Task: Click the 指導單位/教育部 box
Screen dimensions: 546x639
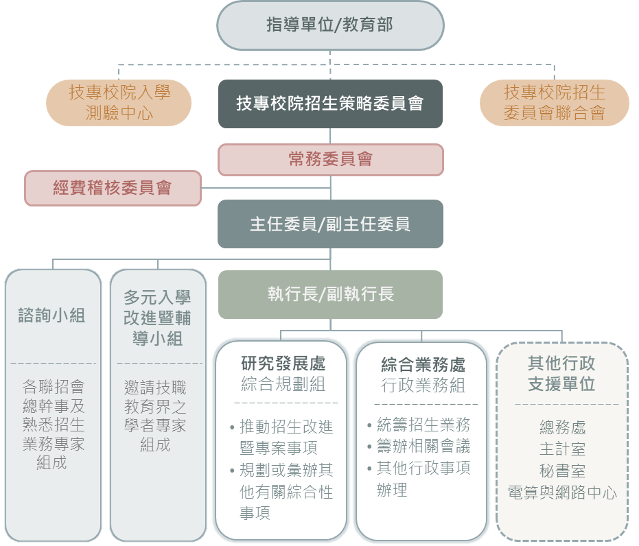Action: click(330, 25)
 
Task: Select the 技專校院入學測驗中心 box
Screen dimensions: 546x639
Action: click(119, 102)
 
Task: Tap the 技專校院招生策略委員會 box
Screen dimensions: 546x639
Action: click(330, 104)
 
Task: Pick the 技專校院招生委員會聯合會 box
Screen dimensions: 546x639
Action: click(554, 102)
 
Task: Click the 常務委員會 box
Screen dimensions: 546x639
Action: click(331, 159)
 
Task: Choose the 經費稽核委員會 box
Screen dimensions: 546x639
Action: click(113, 187)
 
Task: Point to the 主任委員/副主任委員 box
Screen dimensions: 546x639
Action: click(330, 224)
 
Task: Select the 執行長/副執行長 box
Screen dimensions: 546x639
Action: click(331, 294)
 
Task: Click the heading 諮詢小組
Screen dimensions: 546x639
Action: click(52, 315)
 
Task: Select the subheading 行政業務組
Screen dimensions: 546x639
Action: click(423, 385)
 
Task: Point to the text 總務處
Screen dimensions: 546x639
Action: click(562, 428)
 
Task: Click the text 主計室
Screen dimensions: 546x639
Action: click(562, 450)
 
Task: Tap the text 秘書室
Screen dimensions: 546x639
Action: click(562, 471)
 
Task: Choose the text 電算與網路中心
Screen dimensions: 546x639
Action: click(562, 492)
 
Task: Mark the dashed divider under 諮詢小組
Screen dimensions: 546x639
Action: click(53, 364)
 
